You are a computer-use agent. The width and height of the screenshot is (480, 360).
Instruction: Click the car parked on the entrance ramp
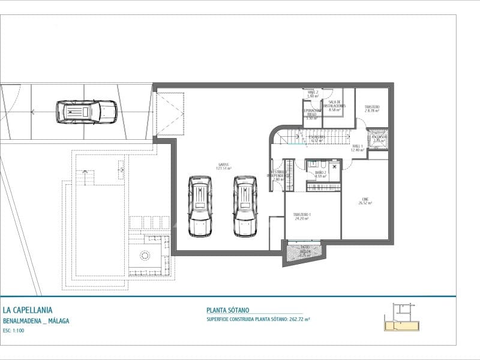click(86, 111)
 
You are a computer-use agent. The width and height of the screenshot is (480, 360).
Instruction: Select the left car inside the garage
click(199, 206)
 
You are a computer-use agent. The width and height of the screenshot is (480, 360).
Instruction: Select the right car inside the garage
click(245, 206)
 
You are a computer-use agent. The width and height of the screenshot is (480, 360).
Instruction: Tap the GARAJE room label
click(225, 167)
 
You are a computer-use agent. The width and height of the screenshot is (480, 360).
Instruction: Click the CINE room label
click(365, 202)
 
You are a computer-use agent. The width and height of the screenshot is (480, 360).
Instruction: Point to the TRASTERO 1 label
click(301, 217)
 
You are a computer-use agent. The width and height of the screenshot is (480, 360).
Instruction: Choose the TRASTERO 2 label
click(372, 109)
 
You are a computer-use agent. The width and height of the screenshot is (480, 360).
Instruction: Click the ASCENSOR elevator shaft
click(379, 138)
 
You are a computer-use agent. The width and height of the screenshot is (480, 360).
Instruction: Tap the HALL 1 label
click(358, 148)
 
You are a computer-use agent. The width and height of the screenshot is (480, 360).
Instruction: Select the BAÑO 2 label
click(320, 174)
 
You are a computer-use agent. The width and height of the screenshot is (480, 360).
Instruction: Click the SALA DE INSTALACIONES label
click(334, 106)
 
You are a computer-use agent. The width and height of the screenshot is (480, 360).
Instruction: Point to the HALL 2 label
click(312, 94)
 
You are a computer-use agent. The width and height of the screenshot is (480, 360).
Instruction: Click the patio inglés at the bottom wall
click(304, 250)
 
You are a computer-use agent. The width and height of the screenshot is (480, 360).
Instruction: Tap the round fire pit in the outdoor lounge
click(145, 255)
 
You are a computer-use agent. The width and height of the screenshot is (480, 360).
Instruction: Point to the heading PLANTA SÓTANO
click(227, 310)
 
